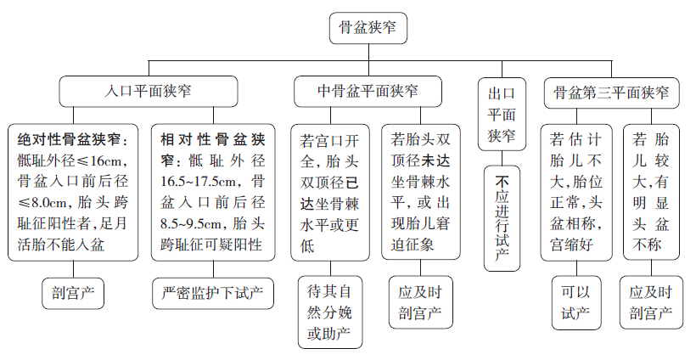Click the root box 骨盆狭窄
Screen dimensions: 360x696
pyautogui.click(x=368, y=28)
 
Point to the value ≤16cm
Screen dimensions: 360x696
pyautogui.click(x=104, y=160)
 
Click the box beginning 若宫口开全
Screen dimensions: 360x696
pyautogui.click(x=330, y=192)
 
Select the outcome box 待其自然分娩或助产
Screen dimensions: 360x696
pyautogui.click(x=330, y=312)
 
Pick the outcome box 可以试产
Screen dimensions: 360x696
pyautogui.click(x=574, y=301)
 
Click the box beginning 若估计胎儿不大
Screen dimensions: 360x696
pyautogui.click(x=574, y=192)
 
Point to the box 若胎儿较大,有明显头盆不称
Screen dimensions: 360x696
pyautogui.click(x=651, y=192)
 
